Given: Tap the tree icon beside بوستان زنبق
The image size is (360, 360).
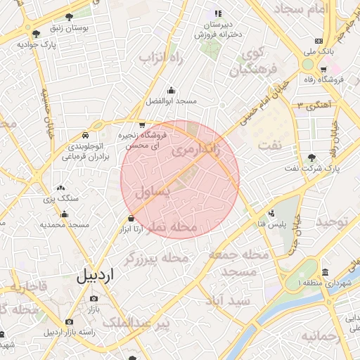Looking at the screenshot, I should tap(68, 17).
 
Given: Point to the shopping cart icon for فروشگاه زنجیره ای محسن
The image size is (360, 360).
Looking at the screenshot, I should tap(143, 125).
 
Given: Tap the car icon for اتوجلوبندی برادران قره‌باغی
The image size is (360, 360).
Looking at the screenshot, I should tap(85, 134).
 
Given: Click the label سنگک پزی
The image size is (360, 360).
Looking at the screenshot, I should tap(60, 199).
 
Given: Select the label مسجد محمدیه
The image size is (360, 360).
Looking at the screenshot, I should tap(63, 224).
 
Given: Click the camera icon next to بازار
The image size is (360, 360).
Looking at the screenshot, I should tap(94, 299).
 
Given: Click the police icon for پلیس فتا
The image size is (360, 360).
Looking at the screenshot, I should tap(271, 212).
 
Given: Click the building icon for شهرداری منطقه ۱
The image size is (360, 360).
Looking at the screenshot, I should tap(324, 272).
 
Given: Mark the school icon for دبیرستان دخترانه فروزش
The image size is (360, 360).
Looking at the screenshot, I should tap(218, 13).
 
